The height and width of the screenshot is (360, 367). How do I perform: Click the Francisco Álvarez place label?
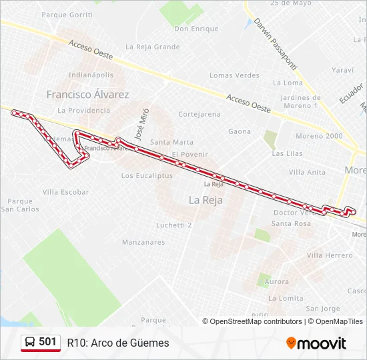point(87,95)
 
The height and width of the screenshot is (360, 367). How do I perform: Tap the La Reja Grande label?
point(152,47)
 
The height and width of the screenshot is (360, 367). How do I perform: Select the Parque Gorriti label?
point(67,14)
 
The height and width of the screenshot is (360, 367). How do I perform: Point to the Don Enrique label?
point(196,29)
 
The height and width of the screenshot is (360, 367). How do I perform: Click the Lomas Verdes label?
point(234,75)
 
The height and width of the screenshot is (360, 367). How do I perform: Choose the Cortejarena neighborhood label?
point(199,114)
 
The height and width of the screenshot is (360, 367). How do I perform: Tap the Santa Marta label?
point(171,142)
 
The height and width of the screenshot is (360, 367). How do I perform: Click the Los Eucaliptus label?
point(147,176)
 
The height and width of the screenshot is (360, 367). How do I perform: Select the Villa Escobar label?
point(65,192)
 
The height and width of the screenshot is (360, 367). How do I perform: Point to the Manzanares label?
point(143,242)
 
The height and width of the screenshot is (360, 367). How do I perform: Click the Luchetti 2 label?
point(173,225)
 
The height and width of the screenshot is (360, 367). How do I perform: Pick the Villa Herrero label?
point(330,255)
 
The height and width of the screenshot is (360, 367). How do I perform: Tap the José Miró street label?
point(140,123)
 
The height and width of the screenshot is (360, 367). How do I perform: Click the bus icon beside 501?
point(30,342)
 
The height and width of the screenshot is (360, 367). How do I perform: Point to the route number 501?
point(47,342)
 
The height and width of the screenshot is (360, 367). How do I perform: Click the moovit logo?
point(316,343)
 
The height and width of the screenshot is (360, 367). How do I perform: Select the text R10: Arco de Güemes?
point(118,343)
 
